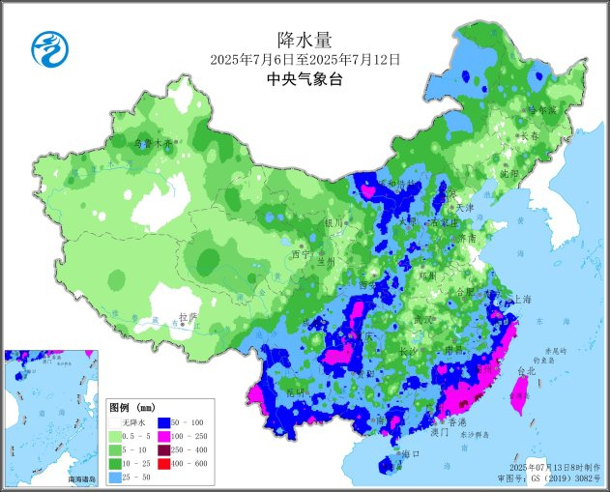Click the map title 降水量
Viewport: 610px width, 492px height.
coord(305,40)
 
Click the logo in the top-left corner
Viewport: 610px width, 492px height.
coord(45,45)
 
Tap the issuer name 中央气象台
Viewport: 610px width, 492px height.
coord(305,79)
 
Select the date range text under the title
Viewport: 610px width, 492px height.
coord(305,60)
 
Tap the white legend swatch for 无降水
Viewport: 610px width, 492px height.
coord(115,422)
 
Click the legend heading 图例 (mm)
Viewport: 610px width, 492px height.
coord(131,407)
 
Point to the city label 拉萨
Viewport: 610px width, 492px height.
coord(189,316)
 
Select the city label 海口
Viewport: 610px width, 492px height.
coord(410,453)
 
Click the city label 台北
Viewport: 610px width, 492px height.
coord(525,370)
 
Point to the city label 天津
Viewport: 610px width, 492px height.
coord(465,207)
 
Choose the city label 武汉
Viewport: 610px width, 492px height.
coord(423,317)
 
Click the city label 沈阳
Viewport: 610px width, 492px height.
coord(508,174)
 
